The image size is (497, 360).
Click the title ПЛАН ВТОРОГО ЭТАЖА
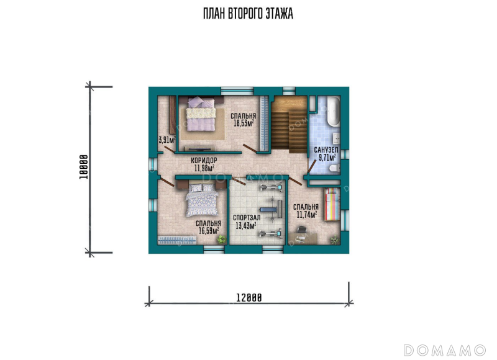coord(248,14)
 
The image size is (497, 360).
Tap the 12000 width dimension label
coord(249,298)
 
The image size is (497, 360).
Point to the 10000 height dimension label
coord(83,167)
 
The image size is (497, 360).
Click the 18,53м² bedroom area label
coord(244,123)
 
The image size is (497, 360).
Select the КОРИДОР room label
coord(204,161)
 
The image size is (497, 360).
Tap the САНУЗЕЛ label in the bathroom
coord(326,150)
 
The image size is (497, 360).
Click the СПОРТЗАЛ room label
coord(247,218)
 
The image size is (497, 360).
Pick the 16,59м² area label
coord(209,230)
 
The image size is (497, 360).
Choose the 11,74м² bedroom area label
coord(307,215)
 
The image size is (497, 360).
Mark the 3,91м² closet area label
coord(167,140)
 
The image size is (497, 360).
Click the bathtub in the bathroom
coord(334,112)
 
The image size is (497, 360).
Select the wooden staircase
coord(289,125)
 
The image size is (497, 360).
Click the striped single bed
coord(332,204)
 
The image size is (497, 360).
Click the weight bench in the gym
coord(271,209)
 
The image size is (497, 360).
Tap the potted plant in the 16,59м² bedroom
coord(221,239)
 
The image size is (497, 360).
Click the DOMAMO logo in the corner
coord(444,350)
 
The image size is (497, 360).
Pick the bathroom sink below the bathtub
coord(335,137)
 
